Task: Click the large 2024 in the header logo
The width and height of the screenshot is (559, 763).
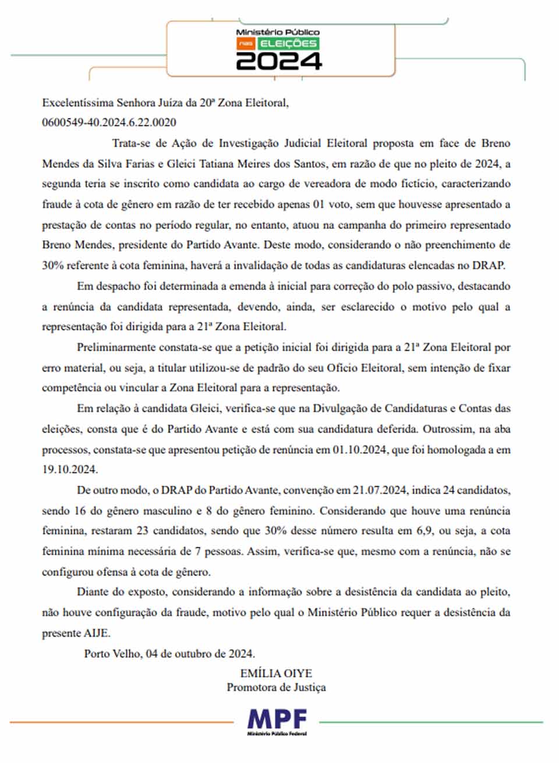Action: click(x=278, y=61)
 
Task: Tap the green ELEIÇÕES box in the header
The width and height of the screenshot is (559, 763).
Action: click(x=288, y=44)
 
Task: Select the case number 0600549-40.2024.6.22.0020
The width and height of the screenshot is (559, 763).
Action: click(x=109, y=122)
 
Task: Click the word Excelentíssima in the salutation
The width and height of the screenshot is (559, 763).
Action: click(x=77, y=103)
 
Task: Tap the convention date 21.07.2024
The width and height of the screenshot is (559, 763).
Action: click(x=378, y=490)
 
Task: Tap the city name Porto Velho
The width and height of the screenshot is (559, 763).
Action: click(x=112, y=654)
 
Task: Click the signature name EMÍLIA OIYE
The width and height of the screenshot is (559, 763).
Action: click(x=276, y=674)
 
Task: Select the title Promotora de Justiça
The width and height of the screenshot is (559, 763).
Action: click(x=276, y=688)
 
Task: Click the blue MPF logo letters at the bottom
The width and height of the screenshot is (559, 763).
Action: click(x=277, y=720)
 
